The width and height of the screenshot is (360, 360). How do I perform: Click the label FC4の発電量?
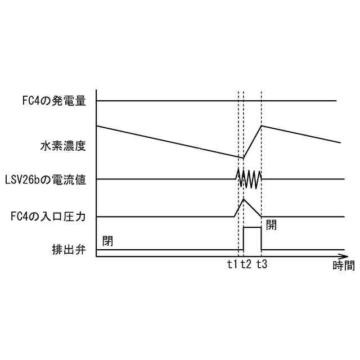coord(50,101)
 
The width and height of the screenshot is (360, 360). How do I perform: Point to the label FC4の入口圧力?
coord(47,217)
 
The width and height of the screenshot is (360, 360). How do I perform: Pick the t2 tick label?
coord(245,265)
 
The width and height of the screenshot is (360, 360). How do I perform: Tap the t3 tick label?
coord(262,265)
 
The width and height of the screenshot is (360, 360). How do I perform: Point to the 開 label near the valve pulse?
coord(271,225)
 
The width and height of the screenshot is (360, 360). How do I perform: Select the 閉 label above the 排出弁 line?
coord(108,241)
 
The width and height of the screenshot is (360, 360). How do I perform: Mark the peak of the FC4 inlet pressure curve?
coord(244,200)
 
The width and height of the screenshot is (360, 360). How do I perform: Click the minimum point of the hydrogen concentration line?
coord(243,158)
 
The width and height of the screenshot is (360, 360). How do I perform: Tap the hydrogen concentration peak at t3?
coord(262,125)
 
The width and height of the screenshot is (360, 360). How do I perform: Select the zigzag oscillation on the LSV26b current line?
coord(249,179)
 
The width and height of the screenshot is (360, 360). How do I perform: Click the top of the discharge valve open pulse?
coord(253,227)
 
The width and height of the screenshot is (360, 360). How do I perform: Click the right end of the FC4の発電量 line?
coord(336,101)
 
